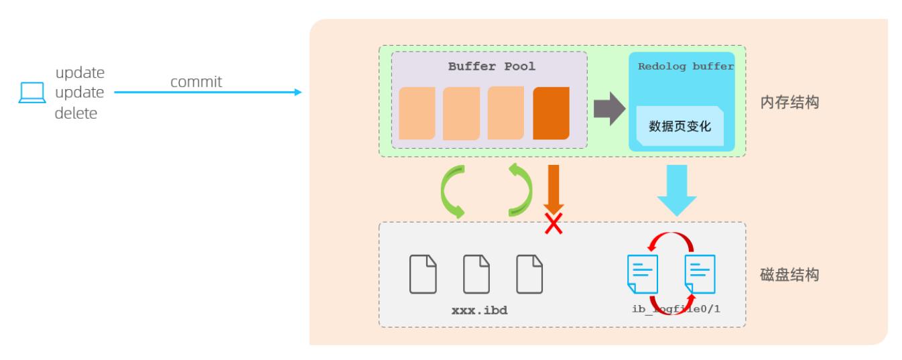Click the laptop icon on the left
32,93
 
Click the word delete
76,113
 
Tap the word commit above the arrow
196,82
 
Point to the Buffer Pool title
492,66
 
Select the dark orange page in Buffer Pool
552,113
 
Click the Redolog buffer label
686,66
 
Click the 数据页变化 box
680,125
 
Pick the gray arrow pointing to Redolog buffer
610,109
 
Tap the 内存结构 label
789,103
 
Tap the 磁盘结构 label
789,275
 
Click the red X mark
554,224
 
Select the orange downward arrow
554,189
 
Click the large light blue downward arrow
677,190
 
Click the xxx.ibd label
480,310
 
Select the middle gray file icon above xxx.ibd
476,274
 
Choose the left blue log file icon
643,274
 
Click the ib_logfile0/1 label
676,309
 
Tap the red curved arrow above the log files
671,235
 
